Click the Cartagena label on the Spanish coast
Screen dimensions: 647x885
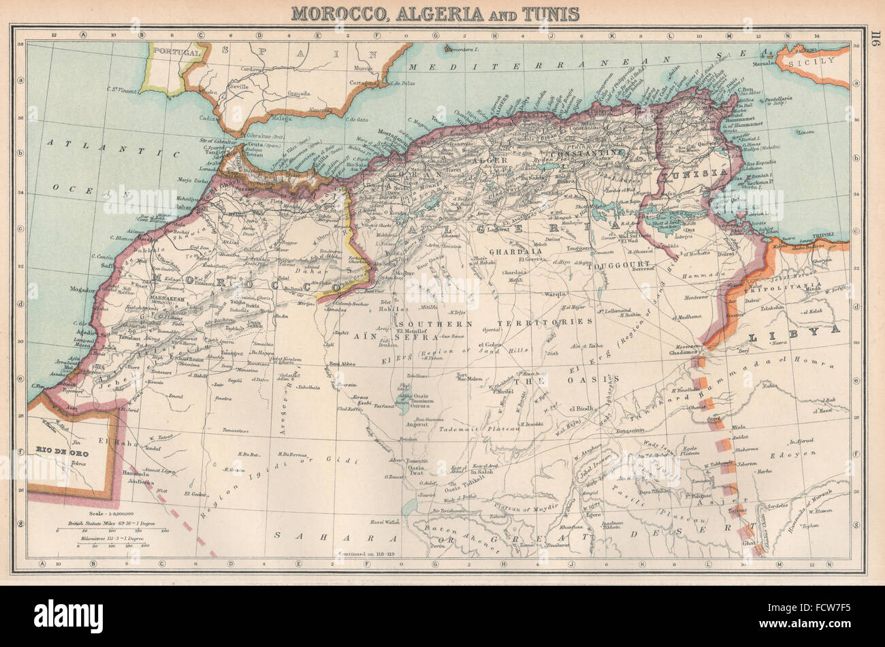click(359, 82)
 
